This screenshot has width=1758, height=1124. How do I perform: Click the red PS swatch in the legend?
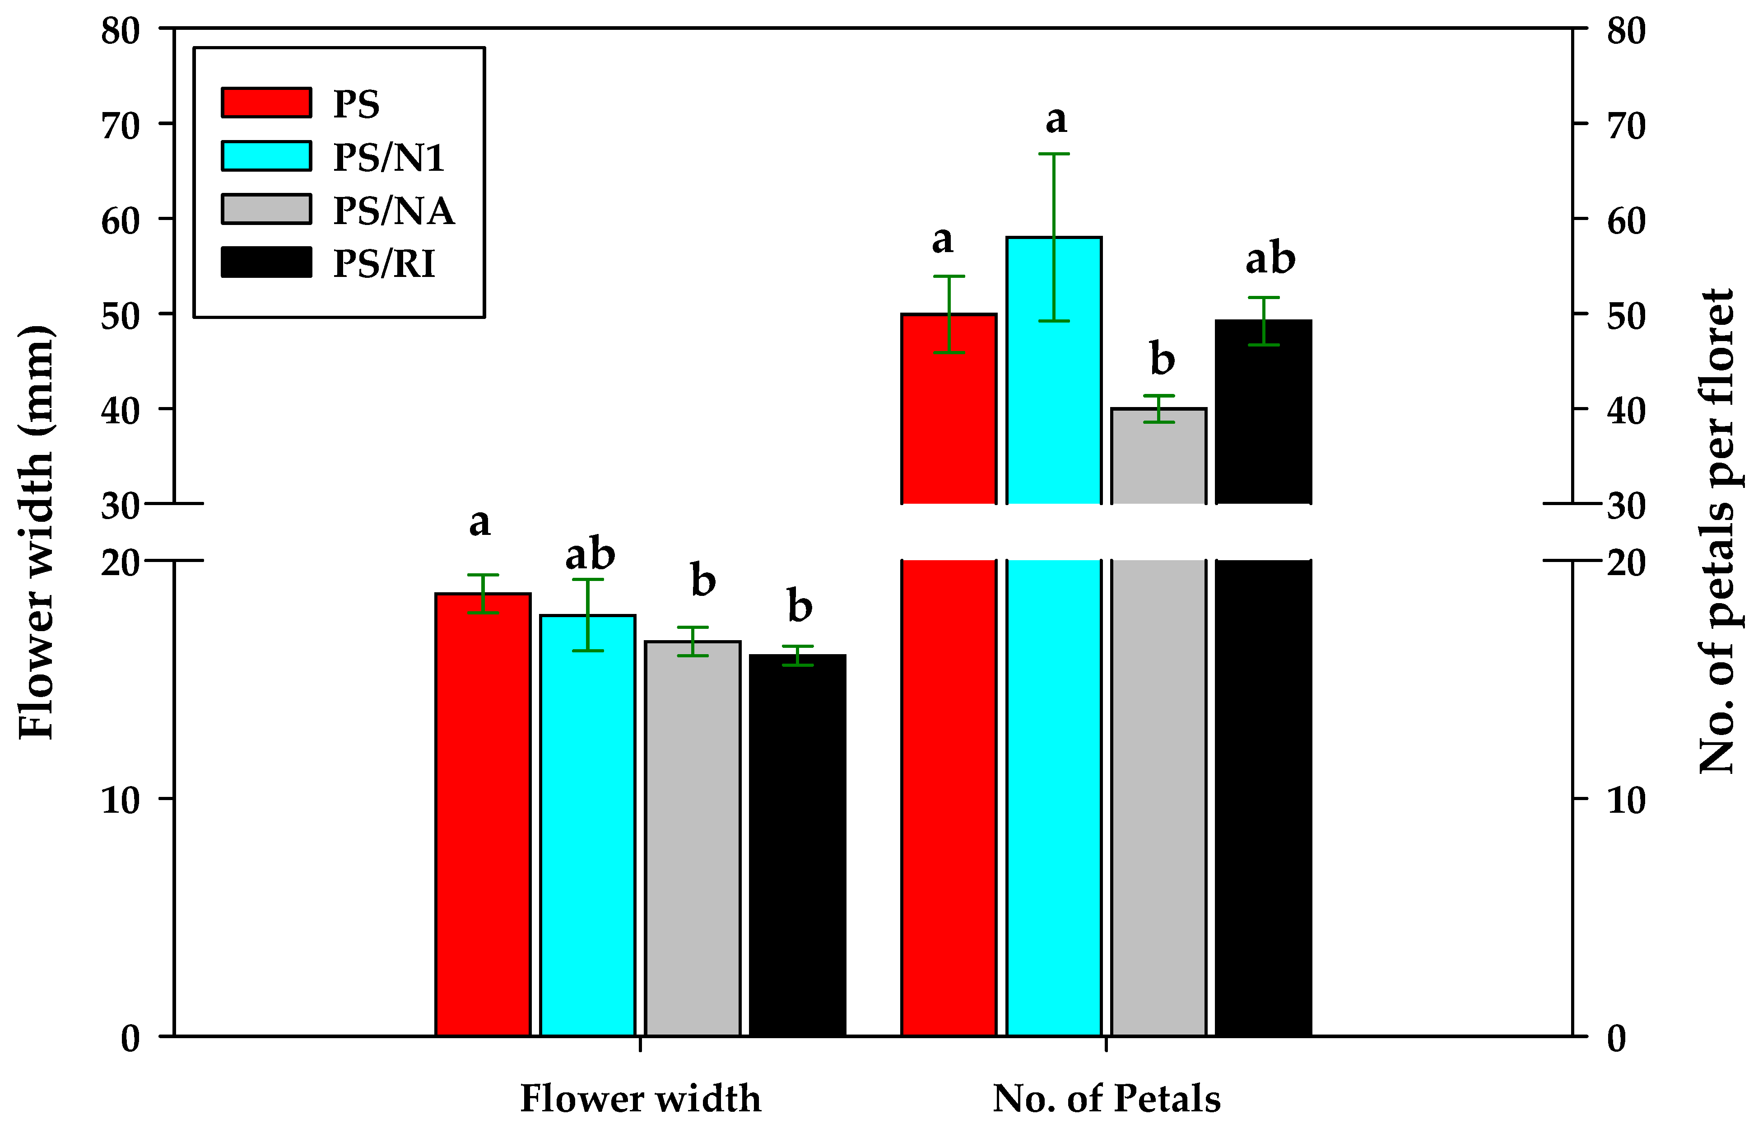(266, 102)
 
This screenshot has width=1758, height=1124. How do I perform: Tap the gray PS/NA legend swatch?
(266, 209)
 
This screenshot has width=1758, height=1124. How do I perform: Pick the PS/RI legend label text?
(384, 264)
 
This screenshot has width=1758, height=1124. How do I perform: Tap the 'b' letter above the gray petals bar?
(1162, 359)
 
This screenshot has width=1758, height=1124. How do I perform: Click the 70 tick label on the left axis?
(121, 126)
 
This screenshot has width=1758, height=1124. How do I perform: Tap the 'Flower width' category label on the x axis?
(640, 1098)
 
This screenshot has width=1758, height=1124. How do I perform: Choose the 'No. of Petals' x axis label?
(1106, 1098)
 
